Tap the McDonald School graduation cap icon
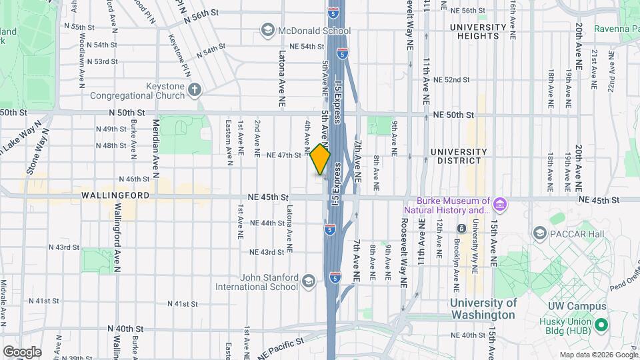click(267, 31)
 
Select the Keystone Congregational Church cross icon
click(194, 90)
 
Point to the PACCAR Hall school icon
click(540, 233)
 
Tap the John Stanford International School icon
click(308, 281)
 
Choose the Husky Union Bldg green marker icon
click(601, 325)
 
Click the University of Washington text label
click(483, 309)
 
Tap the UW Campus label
click(577, 306)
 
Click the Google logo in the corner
click(21, 351)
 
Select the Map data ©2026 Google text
click(597, 355)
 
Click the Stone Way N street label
click(36, 146)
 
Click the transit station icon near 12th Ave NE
click(461, 229)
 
